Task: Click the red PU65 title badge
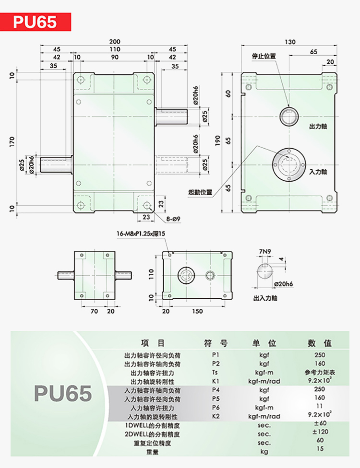click(x=36, y=22)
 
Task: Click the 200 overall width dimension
click(x=114, y=42)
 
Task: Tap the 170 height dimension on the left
click(x=12, y=141)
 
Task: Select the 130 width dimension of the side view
click(x=290, y=42)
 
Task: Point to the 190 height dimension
click(x=217, y=140)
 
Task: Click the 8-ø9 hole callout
click(x=174, y=219)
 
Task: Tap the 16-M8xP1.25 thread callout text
click(x=141, y=234)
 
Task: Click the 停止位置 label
click(x=264, y=56)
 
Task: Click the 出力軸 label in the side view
click(x=318, y=126)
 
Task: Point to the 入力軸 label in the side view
click(x=318, y=172)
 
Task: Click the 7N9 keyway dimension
click(x=265, y=252)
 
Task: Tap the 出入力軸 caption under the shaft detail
click(x=265, y=298)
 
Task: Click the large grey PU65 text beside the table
click(x=63, y=393)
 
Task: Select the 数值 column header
click(x=320, y=343)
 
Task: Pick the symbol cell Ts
click(x=215, y=372)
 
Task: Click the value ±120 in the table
click(x=320, y=431)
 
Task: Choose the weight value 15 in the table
click(x=320, y=449)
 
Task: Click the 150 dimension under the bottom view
click(x=197, y=311)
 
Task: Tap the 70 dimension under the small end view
click(x=94, y=311)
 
